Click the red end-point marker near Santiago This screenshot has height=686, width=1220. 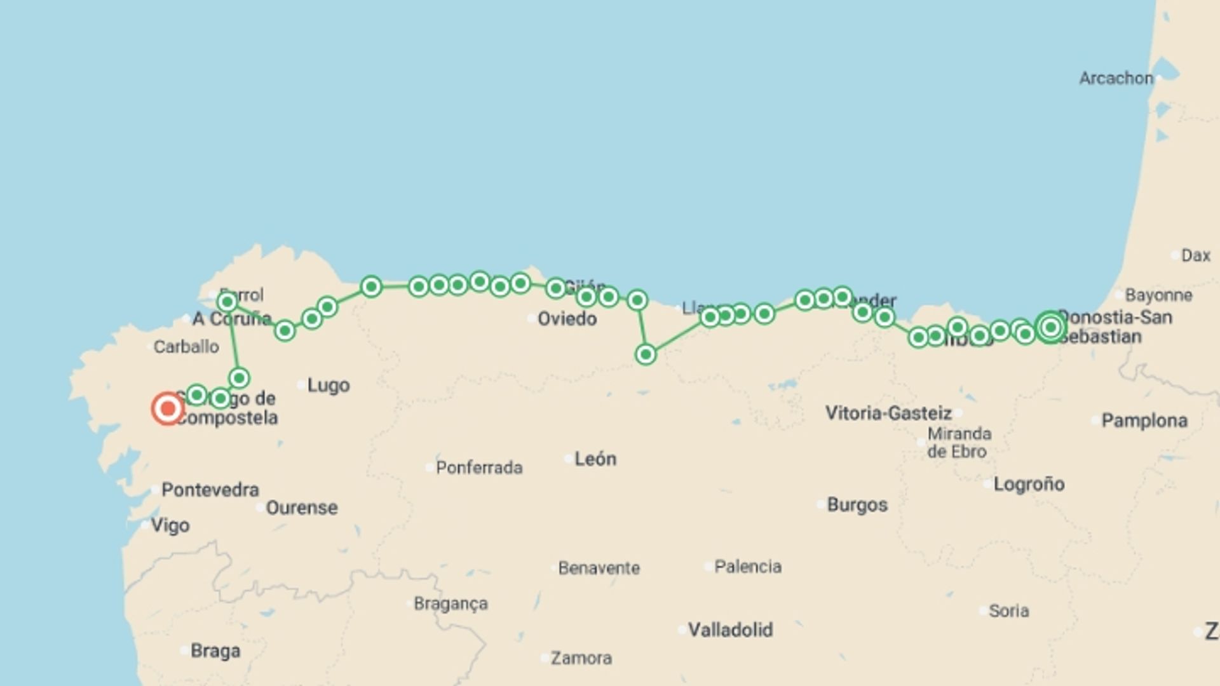pyautogui.click(x=168, y=408)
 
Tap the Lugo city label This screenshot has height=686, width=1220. pyautogui.click(x=328, y=385)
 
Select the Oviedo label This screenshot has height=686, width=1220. pyautogui.click(x=567, y=318)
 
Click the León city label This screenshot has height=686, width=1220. pyautogui.click(x=595, y=459)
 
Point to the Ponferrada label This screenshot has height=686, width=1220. pyautogui.click(x=479, y=467)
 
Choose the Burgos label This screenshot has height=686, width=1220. pyautogui.click(x=857, y=505)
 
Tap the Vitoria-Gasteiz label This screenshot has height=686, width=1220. pyautogui.click(x=888, y=414)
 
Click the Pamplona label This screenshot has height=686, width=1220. pyautogui.click(x=1144, y=420)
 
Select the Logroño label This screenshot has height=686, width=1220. pyautogui.click(x=1029, y=484)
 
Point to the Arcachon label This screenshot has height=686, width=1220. pyautogui.click(x=1116, y=78)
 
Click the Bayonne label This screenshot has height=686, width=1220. pyautogui.click(x=1158, y=295)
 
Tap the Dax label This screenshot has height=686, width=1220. pyautogui.click(x=1195, y=255)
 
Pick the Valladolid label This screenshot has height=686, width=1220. pyautogui.click(x=730, y=630)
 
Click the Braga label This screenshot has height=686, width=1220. pyautogui.click(x=215, y=651)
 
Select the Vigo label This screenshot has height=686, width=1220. pyautogui.click(x=170, y=525)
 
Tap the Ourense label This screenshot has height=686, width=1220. pyautogui.click(x=301, y=508)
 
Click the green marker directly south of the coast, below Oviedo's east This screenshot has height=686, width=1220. pyautogui.click(x=646, y=354)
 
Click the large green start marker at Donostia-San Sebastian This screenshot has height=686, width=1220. pyautogui.click(x=1050, y=327)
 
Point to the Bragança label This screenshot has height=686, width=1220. pyautogui.click(x=451, y=603)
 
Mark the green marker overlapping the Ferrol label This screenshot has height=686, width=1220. pyautogui.click(x=227, y=302)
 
